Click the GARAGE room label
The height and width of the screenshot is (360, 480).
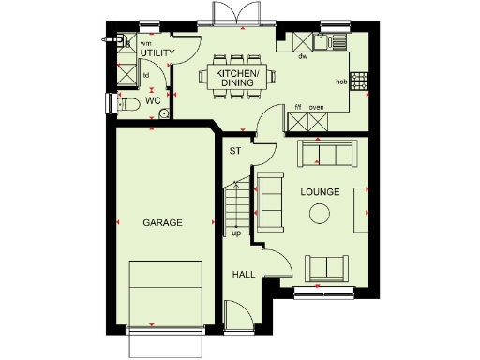coord(162,222)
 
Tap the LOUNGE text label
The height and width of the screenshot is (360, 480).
coord(320,192)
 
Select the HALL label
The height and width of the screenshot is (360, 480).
coord(243,275)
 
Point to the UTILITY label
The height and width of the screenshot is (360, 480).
coord(157,53)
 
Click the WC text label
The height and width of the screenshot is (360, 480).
coord(153,101)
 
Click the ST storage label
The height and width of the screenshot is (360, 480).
coord(235,150)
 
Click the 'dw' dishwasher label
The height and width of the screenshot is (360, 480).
coord(303,57)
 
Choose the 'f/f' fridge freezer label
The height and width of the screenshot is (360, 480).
coord(297,107)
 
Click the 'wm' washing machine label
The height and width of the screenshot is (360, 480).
coord(145,42)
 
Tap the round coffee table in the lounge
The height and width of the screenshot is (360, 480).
coord(320,214)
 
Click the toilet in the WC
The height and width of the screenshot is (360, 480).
coord(128,103)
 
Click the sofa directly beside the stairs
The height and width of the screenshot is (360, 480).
coord(271,202)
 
